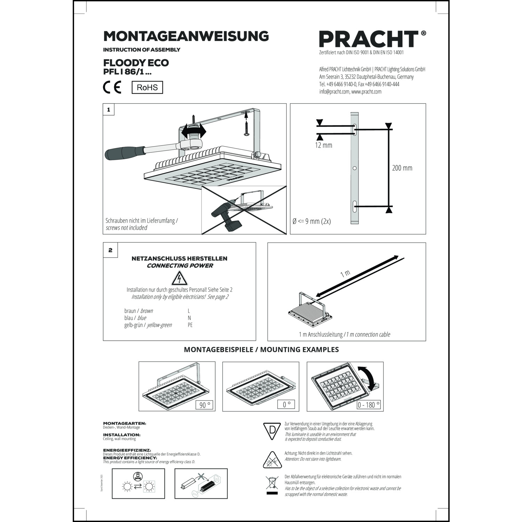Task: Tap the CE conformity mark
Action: click(x=112, y=87)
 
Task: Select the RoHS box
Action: click(x=147, y=87)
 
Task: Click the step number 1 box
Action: click(x=109, y=110)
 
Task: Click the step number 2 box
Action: click(x=110, y=250)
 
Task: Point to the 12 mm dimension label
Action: click(x=323, y=145)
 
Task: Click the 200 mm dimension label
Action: click(x=402, y=168)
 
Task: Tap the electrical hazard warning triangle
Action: click(x=180, y=278)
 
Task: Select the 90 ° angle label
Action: click(x=204, y=405)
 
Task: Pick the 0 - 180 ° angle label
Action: click(x=369, y=405)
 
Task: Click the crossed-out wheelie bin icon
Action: click(x=272, y=483)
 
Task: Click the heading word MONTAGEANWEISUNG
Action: click(x=186, y=36)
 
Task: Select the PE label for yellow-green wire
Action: click(x=190, y=325)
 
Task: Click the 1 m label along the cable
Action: click(x=345, y=274)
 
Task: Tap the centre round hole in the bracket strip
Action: click(x=355, y=168)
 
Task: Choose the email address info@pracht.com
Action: click(x=334, y=92)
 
